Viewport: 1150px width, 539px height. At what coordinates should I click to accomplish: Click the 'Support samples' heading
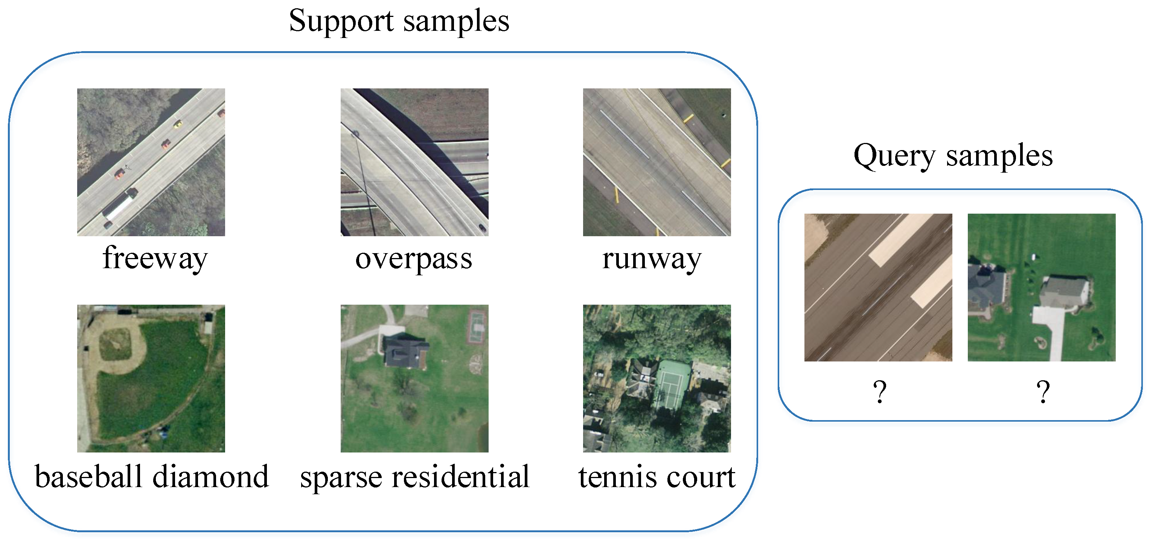(399, 21)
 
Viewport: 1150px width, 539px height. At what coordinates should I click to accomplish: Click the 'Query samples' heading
(953, 156)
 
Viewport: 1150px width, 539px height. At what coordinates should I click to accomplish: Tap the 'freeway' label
(155, 258)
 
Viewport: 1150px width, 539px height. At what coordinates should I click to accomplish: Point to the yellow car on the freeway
(178, 124)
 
